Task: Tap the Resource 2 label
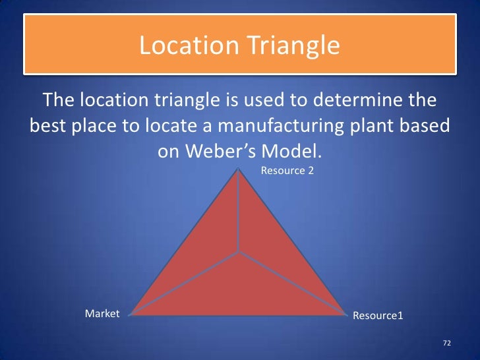(287, 171)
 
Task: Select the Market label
(102, 313)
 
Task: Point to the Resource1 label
(378, 315)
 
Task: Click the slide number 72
(447, 344)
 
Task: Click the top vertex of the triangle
(238, 169)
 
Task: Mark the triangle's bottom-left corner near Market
(131, 315)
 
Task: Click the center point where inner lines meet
(238, 253)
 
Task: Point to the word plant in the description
(375, 125)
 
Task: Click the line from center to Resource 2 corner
(238, 211)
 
